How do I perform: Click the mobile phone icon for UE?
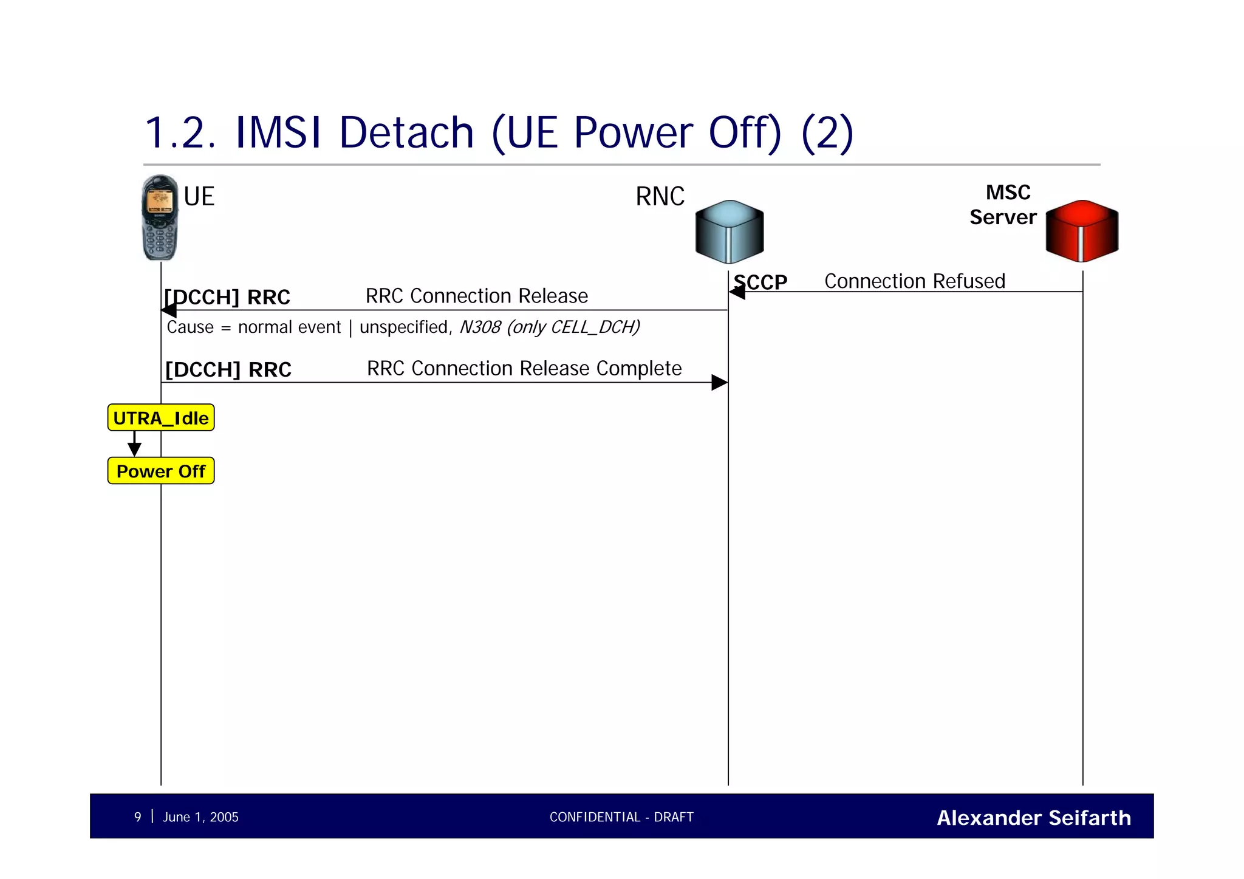point(160,217)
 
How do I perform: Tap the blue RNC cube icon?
point(729,231)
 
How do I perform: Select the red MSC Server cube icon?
point(1082,231)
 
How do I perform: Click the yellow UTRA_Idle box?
point(161,418)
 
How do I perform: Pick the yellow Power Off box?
point(161,471)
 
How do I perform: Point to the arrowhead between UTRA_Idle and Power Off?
point(134,450)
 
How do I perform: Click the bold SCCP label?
point(760,282)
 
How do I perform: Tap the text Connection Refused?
point(914,281)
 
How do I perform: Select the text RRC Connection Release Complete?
point(524,368)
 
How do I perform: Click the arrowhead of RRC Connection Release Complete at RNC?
point(720,382)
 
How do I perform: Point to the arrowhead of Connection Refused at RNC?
point(737,292)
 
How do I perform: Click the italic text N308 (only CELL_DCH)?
point(549,327)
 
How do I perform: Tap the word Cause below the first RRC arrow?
point(190,327)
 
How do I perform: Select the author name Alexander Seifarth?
point(1033,818)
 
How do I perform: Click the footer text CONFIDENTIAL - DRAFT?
point(621,817)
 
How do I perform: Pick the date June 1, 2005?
point(200,817)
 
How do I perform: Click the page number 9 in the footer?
point(138,817)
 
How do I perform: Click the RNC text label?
point(660,197)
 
